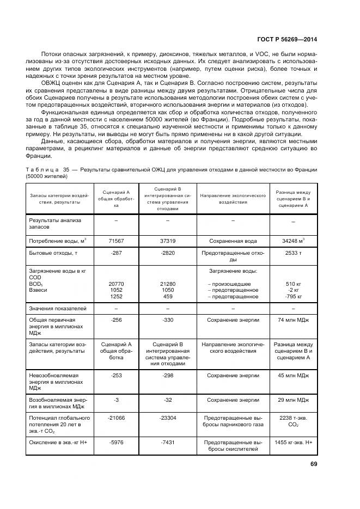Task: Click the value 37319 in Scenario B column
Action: click(x=168, y=240)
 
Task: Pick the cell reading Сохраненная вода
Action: click(x=233, y=240)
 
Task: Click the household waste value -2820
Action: click(x=168, y=253)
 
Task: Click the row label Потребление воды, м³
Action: click(x=57, y=240)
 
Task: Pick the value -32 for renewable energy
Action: click(x=168, y=400)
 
